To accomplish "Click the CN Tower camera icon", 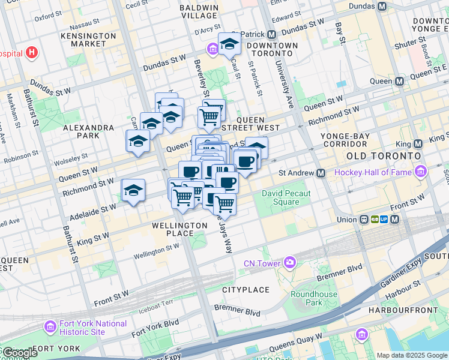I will point(291,263).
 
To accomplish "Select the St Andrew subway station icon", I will point(321,173).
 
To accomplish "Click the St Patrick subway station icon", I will point(271,34).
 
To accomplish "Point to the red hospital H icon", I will point(32,53).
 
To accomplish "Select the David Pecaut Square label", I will point(286,197).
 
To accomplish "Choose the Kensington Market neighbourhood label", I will point(88,40).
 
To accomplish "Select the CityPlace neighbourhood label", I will point(246,290).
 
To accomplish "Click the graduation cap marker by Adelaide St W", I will point(133,191).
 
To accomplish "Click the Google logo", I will point(19,353).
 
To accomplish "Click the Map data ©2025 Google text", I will point(411,355).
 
